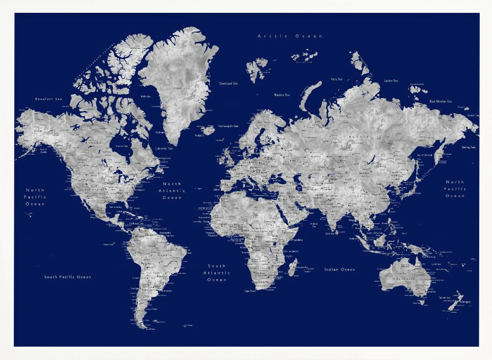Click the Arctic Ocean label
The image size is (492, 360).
[290, 36]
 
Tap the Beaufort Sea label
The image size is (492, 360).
[49, 99]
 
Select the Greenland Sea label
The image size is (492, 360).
[228, 84]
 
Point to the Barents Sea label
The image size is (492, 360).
[282, 95]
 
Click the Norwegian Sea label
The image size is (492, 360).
[228, 126]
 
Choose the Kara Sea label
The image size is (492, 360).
[337, 79]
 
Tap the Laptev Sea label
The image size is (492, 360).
[391, 80]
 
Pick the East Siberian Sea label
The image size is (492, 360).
[440, 101]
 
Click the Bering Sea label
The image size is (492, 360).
[468, 147]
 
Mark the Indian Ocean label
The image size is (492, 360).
[339, 269]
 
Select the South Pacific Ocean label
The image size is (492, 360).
[67, 277]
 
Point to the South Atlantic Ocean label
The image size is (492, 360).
[216, 272]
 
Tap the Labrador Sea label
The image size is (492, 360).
[164, 148]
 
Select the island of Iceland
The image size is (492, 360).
[208, 130]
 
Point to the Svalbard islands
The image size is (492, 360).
[256, 68]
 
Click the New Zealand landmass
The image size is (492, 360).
[455, 301]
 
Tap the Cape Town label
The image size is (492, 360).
[250, 291]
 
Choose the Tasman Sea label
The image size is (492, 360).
[445, 297]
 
